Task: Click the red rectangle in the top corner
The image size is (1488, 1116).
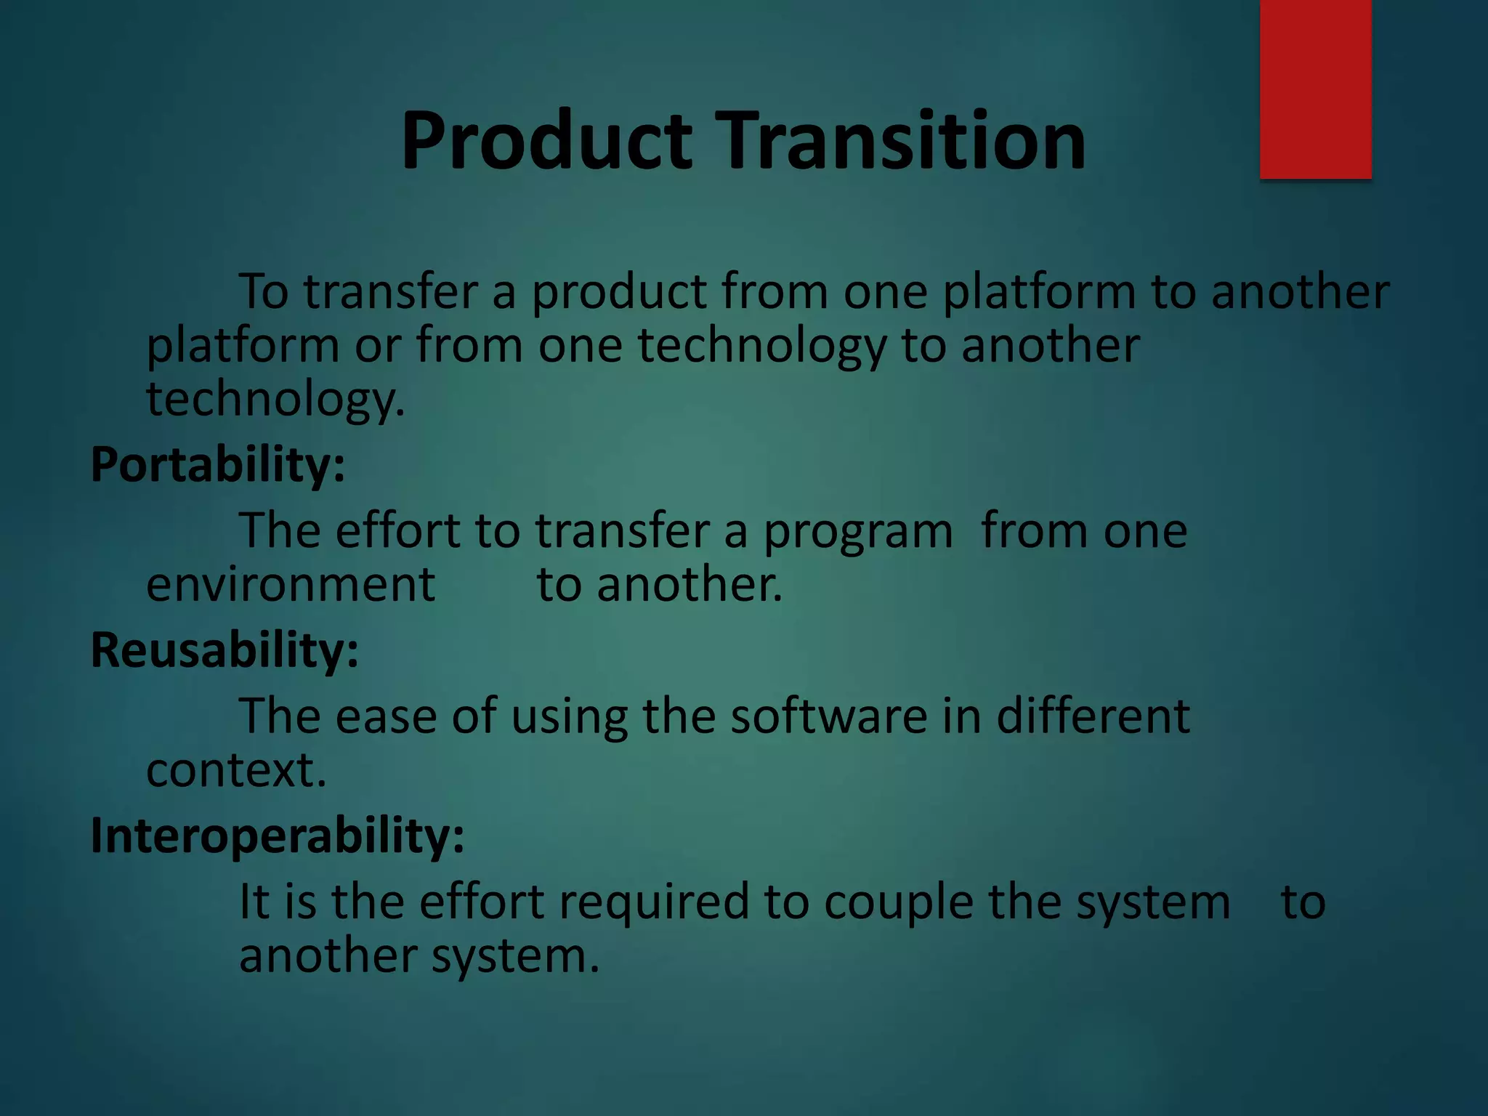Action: point(1315,89)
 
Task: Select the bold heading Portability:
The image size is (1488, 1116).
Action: point(217,465)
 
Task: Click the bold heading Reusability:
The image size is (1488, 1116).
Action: point(224,650)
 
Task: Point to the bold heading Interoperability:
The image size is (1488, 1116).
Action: point(277,836)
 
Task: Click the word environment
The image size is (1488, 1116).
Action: point(291,586)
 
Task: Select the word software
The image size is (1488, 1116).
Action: point(828,716)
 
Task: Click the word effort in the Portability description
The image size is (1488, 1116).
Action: point(398,531)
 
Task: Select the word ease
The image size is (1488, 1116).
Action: point(386,718)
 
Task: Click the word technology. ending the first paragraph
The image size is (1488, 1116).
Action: point(275,401)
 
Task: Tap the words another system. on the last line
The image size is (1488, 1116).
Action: point(418,957)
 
